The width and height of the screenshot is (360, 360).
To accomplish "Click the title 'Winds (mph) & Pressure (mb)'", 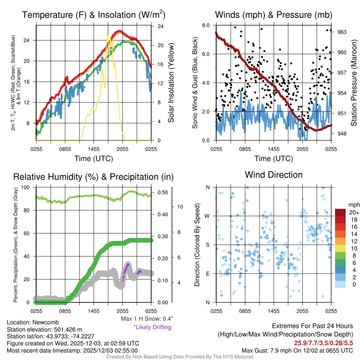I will click(x=274, y=15).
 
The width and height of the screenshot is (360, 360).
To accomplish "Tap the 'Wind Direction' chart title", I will click(x=274, y=175).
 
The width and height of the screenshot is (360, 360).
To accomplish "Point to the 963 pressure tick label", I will click(x=342, y=32).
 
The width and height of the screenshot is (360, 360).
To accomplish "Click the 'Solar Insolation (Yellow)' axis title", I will click(x=171, y=83).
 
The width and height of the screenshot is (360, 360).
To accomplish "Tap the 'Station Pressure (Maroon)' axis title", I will click(x=354, y=83).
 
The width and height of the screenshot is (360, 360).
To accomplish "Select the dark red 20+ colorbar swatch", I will click(x=340, y=212).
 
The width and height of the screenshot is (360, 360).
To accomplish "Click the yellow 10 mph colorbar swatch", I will click(x=340, y=249).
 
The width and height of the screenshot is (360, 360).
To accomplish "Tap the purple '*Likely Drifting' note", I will click(x=152, y=327).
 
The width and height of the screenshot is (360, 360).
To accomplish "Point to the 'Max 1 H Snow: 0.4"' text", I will click(x=146, y=319).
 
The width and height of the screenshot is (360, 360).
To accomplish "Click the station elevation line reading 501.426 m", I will click(x=44, y=329).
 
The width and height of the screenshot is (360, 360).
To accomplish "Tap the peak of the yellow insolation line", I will click(x=107, y=31).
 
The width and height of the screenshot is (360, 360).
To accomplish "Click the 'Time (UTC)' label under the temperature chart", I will click(x=94, y=159).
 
